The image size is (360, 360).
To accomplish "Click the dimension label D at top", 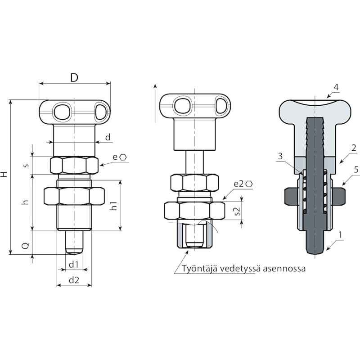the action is [x=74, y=78].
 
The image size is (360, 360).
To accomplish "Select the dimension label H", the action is [x=4, y=174].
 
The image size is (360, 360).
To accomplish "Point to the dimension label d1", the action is [x=74, y=265].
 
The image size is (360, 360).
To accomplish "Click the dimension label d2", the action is [x=74, y=280].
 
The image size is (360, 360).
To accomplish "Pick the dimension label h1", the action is [x=114, y=206].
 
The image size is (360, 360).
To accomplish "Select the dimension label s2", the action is [x=238, y=211].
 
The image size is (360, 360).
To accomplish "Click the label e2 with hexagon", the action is [x=243, y=184].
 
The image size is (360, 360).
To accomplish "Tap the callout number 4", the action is [x=336, y=87].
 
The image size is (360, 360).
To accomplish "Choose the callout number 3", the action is [x=280, y=156].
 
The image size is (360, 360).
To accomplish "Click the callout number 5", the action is [x=356, y=170].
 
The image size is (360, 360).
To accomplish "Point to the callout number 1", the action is [x=340, y=235].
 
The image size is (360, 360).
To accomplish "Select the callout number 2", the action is [x=354, y=148].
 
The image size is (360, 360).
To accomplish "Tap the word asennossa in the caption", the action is [x=284, y=269].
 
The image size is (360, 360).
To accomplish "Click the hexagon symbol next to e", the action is [x=123, y=157].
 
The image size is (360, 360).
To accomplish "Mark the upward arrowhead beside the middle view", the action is [x=155, y=86].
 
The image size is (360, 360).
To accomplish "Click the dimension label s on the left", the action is [x=27, y=165].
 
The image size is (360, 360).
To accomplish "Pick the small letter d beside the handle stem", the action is [x=108, y=137].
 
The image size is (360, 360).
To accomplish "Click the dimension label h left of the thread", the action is [x=26, y=202].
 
